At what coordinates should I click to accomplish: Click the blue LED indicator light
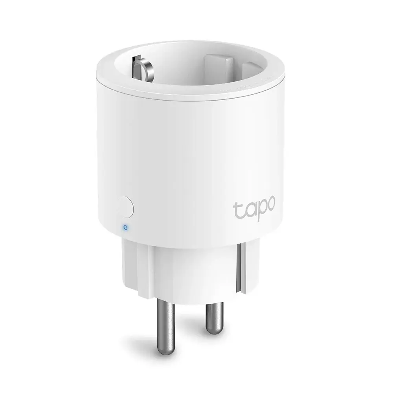click(x=125, y=227)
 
